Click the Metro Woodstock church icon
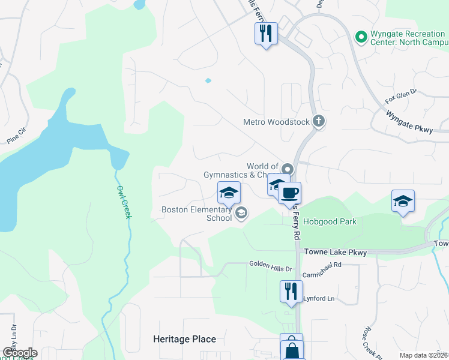(318, 122)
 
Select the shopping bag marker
(292, 348)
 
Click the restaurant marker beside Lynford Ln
(291, 292)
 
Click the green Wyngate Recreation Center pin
(361, 37)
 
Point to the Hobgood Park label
(330, 221)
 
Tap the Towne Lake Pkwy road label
(336, 253)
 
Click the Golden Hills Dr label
(270, 263)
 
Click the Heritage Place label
(184, 339)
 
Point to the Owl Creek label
(122, 200)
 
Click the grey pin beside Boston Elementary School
(241, 213)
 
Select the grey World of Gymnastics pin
(287, 169)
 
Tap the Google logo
(19, 353)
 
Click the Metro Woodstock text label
(276, 122)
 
